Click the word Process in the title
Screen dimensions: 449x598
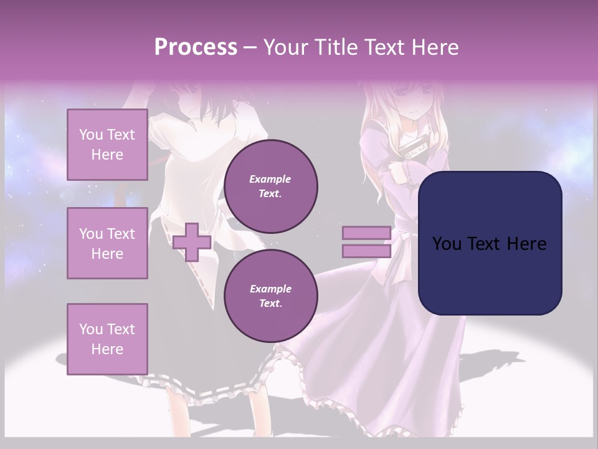tap(196, 47)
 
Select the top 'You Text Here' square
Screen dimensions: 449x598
tap(107, 145)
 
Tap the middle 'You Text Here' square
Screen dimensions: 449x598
tap(107, 243)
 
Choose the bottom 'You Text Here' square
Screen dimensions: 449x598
tap(107, 339)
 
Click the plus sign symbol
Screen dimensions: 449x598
tap(192, 242)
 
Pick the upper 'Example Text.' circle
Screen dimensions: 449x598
tap(270, 186)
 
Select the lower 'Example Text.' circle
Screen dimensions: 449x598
tap(270, 296)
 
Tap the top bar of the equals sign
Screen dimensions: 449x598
tap(366, 233)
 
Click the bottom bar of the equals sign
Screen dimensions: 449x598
tap(366, 251)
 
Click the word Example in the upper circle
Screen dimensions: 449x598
tap(270, 179)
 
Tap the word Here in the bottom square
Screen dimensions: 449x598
tap(107, 349)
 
